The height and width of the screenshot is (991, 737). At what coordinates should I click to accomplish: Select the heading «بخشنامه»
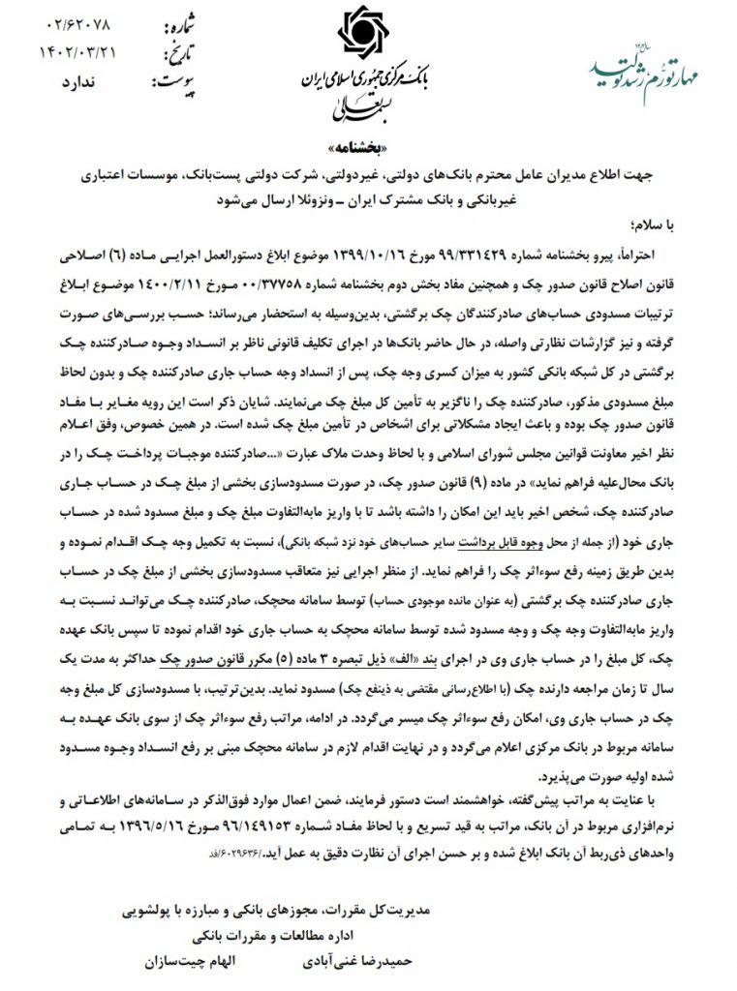tap(369, 152)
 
